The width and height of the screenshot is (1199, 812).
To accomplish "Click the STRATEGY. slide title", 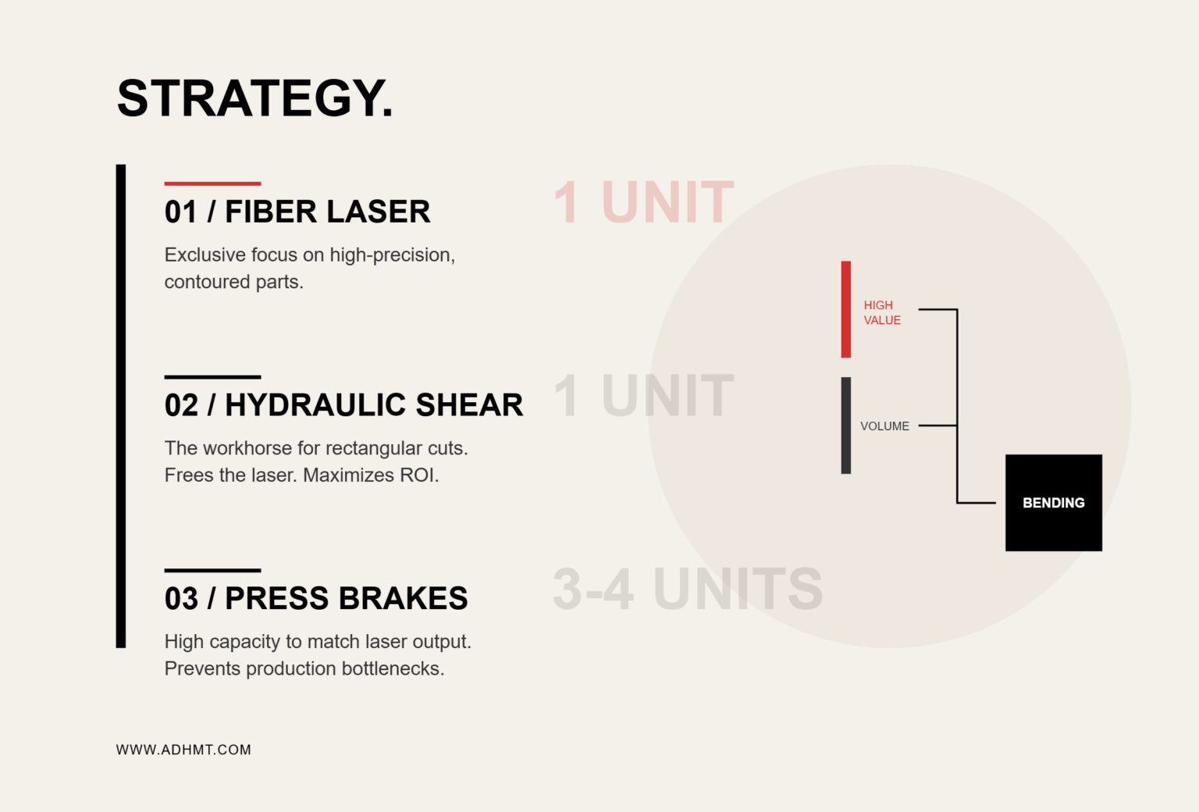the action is pos(254,98).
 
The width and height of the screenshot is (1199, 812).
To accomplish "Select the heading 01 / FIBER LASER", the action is pos(297,212).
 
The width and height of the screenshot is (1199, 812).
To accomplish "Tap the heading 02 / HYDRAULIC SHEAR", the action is pos(343,404).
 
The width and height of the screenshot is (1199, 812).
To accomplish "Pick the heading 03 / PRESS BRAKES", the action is pos(316,598).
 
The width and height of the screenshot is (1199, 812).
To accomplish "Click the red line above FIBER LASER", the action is pos(212,183).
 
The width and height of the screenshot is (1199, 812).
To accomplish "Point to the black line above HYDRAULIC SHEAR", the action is pos(212,377).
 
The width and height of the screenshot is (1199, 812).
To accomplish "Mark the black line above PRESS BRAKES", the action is pos(212,570).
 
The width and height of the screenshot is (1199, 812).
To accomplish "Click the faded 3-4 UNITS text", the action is pos(688,589).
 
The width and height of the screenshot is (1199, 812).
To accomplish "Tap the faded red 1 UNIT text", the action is pos(643,202).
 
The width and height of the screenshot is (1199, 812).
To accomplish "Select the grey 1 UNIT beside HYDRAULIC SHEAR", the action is pos(643,396).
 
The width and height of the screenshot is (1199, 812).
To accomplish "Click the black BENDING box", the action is pos(1053,503).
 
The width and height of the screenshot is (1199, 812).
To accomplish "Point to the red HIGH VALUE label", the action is pos(882,312).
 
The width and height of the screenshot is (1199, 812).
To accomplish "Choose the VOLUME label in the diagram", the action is pos(884,426).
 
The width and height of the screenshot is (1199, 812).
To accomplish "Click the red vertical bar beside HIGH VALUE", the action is pos(845,309).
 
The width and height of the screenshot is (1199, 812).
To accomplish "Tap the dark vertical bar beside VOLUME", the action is pos(845,426).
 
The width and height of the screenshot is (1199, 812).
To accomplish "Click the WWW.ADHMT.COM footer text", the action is pos(183,750).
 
